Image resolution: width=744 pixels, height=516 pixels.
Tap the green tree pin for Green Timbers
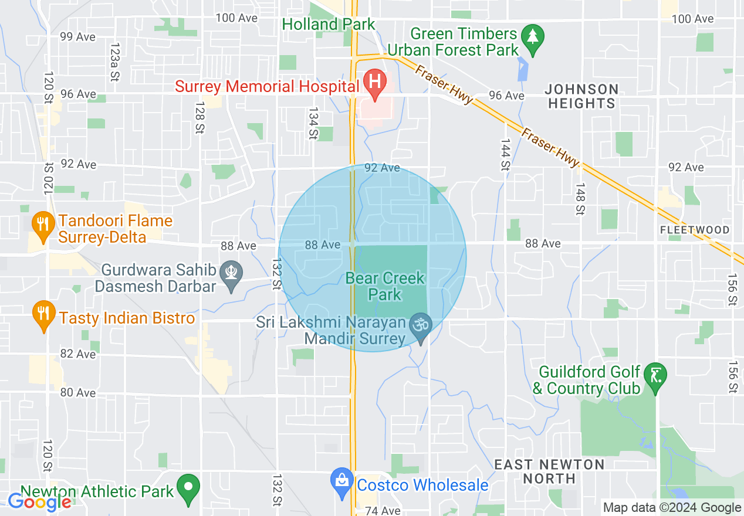533,38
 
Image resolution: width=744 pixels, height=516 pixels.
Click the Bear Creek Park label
385,286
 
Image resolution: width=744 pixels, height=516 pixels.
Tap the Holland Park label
328,25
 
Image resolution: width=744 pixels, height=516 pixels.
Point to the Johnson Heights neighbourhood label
581,96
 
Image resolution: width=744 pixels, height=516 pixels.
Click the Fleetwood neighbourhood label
695,230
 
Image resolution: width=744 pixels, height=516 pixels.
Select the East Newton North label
549,471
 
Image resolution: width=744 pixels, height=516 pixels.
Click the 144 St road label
505,155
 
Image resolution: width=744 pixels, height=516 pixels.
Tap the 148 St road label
580,199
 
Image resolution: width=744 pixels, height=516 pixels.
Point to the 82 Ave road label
78,354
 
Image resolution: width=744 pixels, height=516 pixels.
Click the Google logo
39,502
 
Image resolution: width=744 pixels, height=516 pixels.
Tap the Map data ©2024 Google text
672,508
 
